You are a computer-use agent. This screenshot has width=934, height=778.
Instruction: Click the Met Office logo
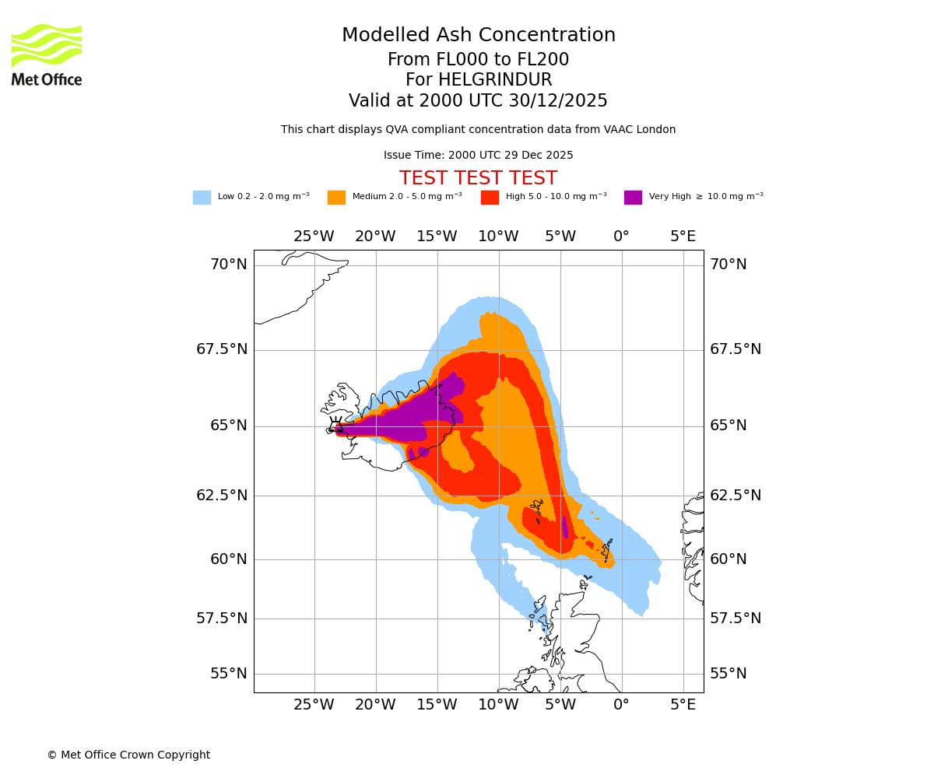click(47, 54)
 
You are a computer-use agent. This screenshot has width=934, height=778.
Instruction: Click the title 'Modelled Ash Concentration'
click(479, 36)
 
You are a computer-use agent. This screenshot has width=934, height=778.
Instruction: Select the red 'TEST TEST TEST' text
click(478, 179)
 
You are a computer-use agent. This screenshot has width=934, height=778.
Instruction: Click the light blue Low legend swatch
click(202, 198)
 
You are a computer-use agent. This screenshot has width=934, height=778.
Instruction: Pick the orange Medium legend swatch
click(336, 198)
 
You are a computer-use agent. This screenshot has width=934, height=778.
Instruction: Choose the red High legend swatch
click(490, 198)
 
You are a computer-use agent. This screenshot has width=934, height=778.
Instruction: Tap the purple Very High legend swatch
click(633, 198)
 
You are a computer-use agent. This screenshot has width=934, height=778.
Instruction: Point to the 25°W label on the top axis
click(314, 237)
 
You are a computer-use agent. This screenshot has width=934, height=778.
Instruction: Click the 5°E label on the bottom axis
click(683, 705)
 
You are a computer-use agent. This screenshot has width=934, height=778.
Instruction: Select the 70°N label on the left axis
click(229, 265)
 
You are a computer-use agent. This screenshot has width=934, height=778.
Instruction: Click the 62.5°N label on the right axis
click(735, 496)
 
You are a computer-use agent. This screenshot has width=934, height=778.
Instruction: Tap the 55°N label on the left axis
click(229, 674)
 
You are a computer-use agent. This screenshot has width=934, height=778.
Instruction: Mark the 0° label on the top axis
click(621, 237)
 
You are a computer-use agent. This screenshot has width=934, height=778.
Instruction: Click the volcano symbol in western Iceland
click(336, 424)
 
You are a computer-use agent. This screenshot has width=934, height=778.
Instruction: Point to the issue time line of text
click(478, 156)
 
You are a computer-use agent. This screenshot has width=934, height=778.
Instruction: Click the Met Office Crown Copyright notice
click(128, 755)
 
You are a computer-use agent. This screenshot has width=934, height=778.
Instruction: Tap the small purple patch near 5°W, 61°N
click(565, 526)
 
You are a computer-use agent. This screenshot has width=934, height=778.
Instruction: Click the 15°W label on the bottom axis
click(437, 705)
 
